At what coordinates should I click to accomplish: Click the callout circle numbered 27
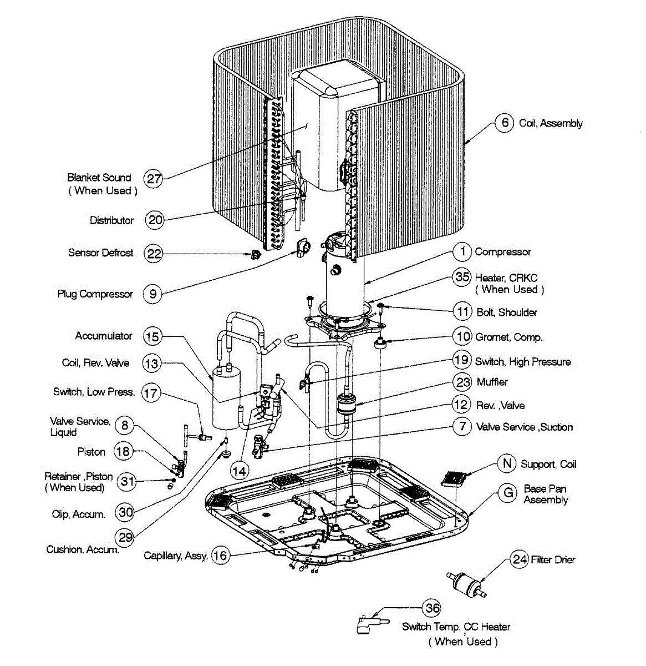[154, 178]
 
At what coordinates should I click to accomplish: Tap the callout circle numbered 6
[504, 122]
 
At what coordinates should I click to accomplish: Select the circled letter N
[507, 463]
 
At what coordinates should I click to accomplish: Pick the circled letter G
[507, 493]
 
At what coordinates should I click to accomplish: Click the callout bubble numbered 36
[433, 608]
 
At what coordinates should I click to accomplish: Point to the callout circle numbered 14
[239, 471]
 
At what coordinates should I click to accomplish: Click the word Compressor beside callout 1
[502, 252]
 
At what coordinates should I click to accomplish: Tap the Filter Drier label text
[553, 559]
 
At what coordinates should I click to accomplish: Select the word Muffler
[492, 382]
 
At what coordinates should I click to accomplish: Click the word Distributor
[111, 220]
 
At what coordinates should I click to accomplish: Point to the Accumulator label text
[104, 336]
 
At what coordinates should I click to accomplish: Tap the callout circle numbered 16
[221, 555]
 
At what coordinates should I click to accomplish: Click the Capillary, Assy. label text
[175, 555]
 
